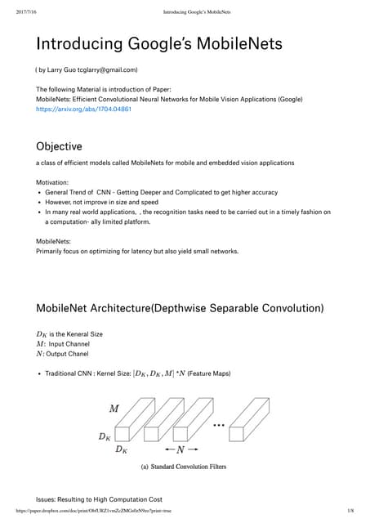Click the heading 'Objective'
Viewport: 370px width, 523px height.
[59, 147]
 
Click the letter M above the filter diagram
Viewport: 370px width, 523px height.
[114, 408]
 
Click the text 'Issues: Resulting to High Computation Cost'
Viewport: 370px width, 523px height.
[100, 498]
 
